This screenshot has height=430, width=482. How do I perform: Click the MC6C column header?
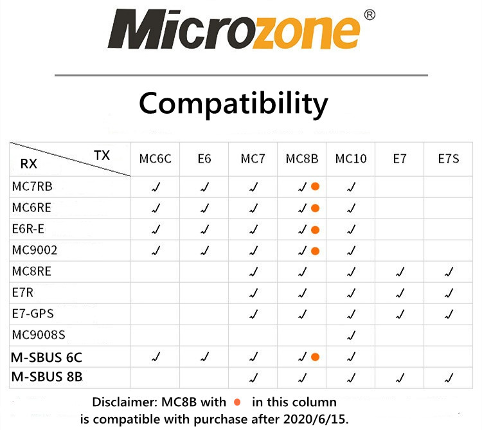point(155,159)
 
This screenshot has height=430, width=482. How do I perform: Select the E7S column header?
point(449,159)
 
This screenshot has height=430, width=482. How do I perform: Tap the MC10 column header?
point(351,159)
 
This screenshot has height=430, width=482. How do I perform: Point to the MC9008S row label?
point(39,335)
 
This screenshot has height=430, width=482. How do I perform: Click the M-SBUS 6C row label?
point(46,357)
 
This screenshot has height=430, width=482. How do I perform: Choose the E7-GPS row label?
point(33,314)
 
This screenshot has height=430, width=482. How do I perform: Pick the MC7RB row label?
point(32,186)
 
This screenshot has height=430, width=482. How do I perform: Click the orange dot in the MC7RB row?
point(315,186)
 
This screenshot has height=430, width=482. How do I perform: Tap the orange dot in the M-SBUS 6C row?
point(315,357)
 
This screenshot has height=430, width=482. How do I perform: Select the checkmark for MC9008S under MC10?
point(351,335)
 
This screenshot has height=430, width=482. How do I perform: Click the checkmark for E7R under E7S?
point(449,293)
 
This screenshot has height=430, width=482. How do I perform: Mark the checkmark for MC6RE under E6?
point(205,208)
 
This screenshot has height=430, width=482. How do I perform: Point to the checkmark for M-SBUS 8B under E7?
point(400,377)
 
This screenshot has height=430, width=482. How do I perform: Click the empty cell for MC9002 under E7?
point(399,251)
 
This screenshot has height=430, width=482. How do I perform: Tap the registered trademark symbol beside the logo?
point(370,15)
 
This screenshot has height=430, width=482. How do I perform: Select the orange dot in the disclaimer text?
point(237,402)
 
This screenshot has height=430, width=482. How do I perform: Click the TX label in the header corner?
point(102,156)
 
